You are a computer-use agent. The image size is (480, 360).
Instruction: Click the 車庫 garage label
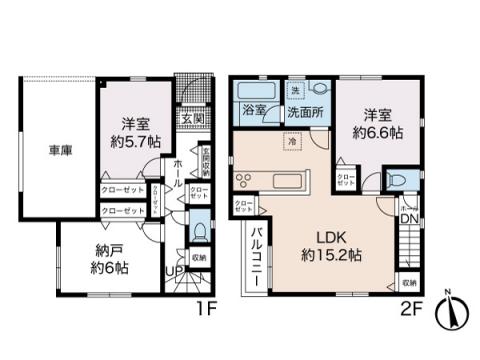tap(58, 152)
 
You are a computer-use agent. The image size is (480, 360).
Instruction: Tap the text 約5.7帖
tap(129, 141)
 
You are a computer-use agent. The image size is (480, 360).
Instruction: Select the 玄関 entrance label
tap(193, 117)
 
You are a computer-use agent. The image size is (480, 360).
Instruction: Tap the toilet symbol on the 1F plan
tap(200, 232)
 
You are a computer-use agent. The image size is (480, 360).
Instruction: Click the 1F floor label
tap(206, 310)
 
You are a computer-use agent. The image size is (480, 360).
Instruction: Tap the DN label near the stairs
tap(408, 219)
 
